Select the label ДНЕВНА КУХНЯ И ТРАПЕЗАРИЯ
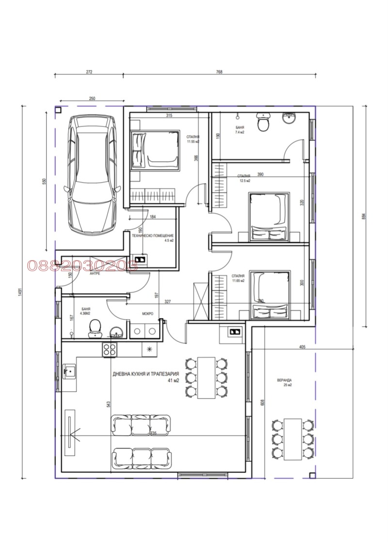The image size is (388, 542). [146, 374]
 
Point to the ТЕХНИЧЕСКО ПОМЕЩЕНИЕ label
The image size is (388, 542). [153, 235]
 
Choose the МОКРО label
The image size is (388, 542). [148, 314]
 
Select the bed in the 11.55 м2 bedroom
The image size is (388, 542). [154, 149]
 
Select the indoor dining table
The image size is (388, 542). [207, 377]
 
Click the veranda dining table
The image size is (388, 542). [292, 439]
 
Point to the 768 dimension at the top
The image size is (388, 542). [219, 72]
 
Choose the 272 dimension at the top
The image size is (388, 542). [89, 72]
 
